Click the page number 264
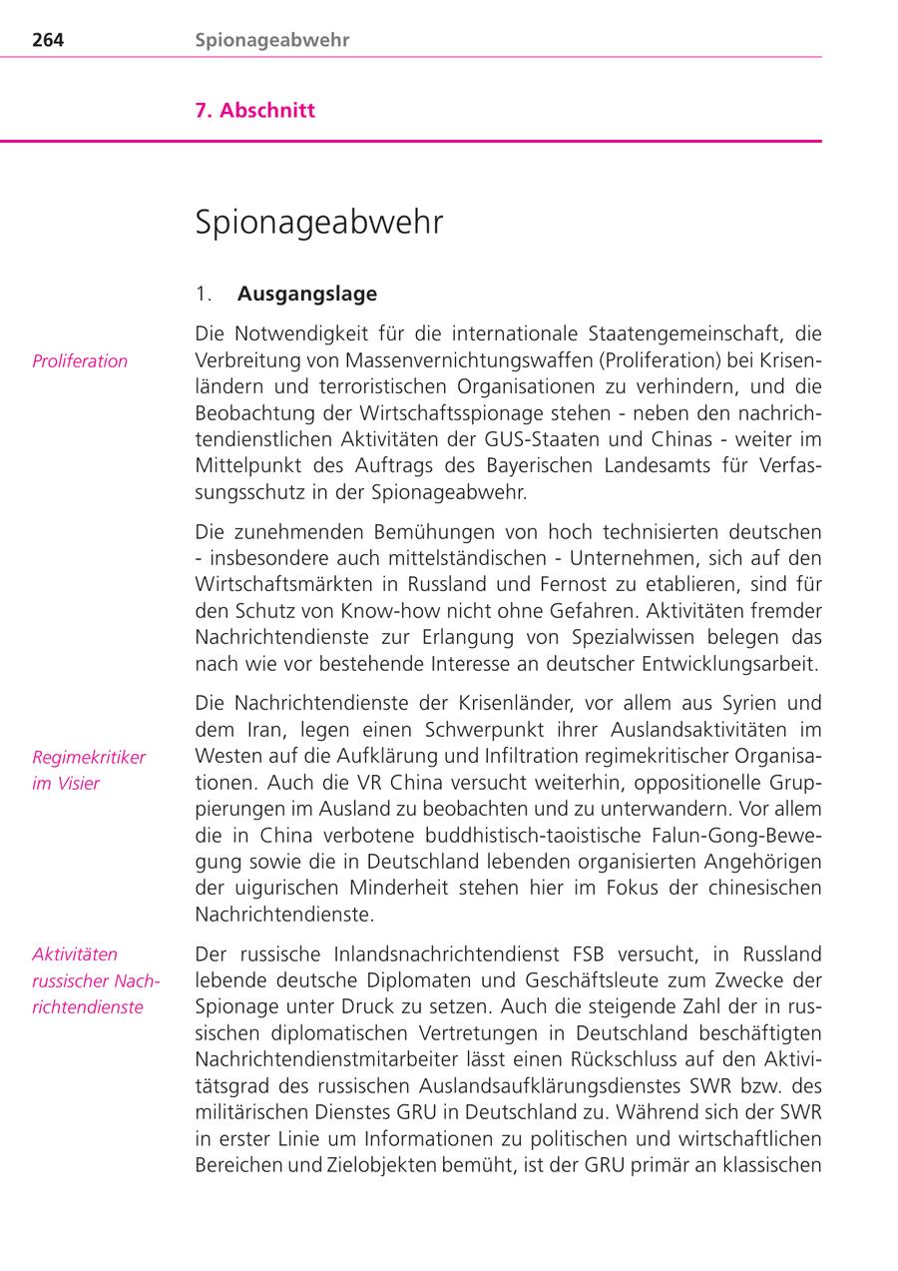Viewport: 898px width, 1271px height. click(48, 41)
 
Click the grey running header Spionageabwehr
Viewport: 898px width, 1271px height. click(272, 41)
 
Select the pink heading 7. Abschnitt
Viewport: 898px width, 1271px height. click(255, 111)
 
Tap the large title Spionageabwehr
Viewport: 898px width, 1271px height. click(319, 223)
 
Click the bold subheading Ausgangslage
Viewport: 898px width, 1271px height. click(307, 295)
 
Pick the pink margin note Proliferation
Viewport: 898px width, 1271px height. click(80, 361)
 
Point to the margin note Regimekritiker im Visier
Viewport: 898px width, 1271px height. click(88, 770)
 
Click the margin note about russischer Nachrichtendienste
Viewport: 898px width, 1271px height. click(95, 980)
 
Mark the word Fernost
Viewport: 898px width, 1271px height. click(597, 584)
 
